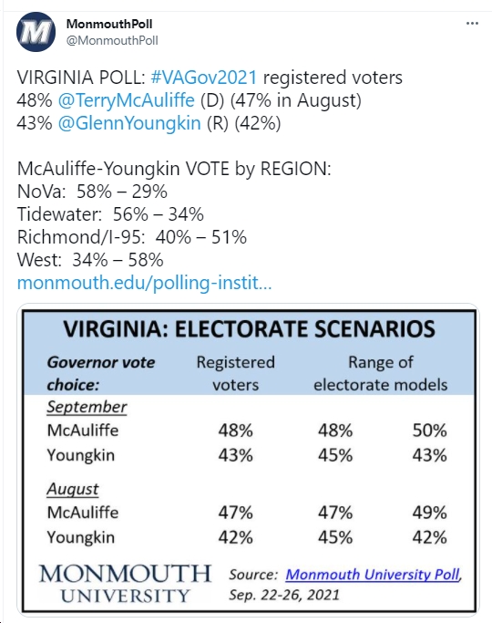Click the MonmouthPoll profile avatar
click(x=36, y=32)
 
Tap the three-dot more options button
click(x=472, y=24)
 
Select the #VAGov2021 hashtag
click(x=204, y=78)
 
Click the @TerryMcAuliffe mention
click(x=126, y=100)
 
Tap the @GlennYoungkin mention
click(x=129, y=123)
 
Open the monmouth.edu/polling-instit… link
click(x=145, y=283)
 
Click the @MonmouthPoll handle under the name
click(x=112, y=40)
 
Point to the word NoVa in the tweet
click(x=41, y=192)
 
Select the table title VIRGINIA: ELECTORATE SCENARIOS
click(x=249, y=329)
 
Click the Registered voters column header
click(x=236, y=373)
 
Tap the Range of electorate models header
click(x=381, y=373)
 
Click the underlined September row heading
click(x=87, y=407)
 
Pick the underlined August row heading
click(x=73, y=490)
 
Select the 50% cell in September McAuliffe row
click(x=430, y=431)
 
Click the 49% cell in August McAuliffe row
click(x=430, y=513)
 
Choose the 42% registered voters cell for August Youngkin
click(x=236, y=537)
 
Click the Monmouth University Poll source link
click(x=373, y=575)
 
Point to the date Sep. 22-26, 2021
click(x=284, y=595)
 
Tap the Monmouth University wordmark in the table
click(x=125, y=584)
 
